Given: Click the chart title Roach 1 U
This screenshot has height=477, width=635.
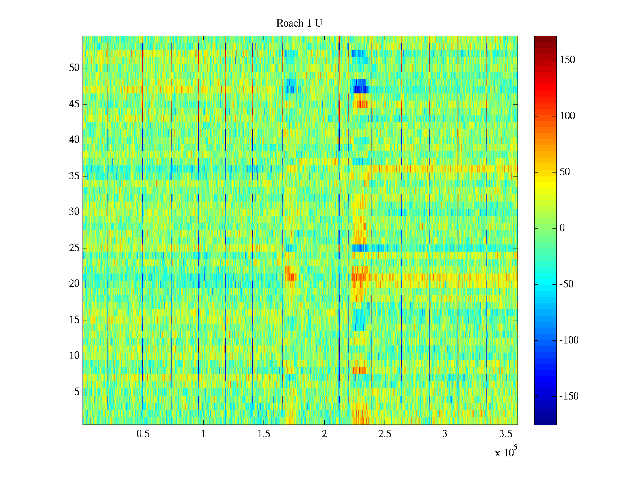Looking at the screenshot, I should (299, 23).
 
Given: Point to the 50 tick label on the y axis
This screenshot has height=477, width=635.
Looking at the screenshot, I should (74, 68).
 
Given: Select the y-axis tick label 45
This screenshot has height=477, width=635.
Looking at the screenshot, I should (74, 104).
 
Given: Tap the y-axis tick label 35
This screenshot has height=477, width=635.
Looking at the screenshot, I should (74, 176).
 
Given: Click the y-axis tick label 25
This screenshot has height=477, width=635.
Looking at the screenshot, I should (74, 248).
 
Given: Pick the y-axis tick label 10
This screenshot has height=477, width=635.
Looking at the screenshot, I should (74, 356).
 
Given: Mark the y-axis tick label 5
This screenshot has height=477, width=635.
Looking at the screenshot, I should (77, 392).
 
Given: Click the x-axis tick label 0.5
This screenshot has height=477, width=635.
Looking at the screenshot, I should (143, 434).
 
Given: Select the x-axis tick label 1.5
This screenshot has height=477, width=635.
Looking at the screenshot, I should (264, 434).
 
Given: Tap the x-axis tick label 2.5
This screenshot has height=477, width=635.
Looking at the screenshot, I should (385, 434).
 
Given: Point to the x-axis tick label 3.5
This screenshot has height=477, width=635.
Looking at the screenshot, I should (505, 434).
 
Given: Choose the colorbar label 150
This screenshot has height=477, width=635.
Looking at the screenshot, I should (567, 60).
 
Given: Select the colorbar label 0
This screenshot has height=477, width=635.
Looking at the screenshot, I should (562, 228).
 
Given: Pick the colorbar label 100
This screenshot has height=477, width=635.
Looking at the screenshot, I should (567, 116).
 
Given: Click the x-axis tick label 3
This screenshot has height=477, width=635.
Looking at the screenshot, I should (445, 434).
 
